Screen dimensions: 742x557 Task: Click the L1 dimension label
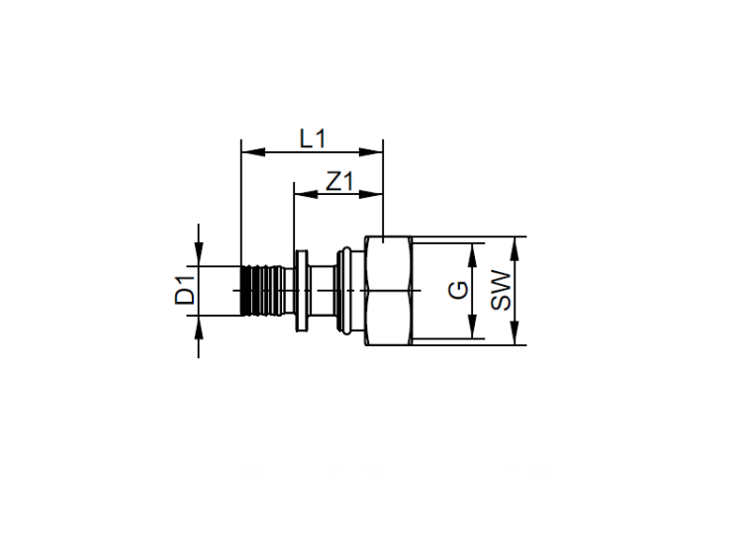(x=313, y=139)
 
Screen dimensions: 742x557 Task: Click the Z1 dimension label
(x=339, y=181)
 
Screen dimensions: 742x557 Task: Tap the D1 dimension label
(x=185, y=290)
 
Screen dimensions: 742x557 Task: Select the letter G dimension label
(x=458, y=290)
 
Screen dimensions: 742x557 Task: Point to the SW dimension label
(x=502, y=290)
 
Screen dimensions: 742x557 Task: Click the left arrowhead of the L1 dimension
(x=253, y=152)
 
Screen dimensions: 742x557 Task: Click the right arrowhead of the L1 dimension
(x=371, y=152)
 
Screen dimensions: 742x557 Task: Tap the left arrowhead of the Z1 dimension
(x=306, y=194)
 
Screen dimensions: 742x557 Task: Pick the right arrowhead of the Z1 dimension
(x=371, y=194)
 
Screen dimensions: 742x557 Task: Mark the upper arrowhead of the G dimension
(x=472, y=254)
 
